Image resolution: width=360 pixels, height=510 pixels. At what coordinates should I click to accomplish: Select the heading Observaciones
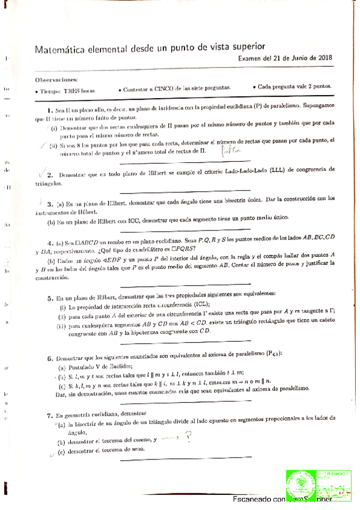coord(52,79)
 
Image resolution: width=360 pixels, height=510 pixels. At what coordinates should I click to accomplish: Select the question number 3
coord(49,198)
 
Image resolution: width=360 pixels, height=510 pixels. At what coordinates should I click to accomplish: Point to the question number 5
coord(49,298)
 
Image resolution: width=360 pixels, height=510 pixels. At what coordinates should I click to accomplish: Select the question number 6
coord(49,358)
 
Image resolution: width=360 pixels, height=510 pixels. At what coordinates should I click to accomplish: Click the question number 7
coord(49,415)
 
